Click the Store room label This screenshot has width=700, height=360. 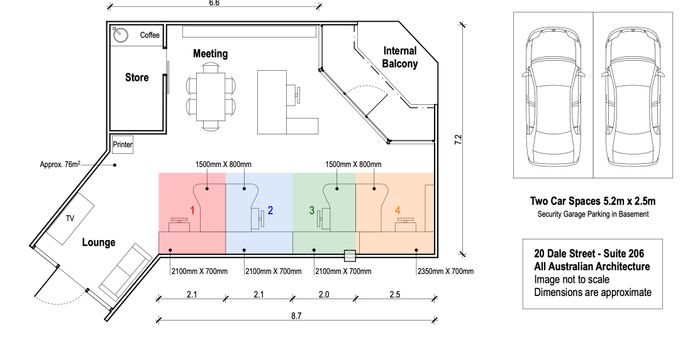pyautogui.click(x=137, y=77)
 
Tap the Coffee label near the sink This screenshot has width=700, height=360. pyautogui.click(x=150, y=35)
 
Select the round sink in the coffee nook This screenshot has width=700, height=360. pyautogui.click(x=120, y=34)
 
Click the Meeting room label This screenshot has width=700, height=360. pyautogui.click(x=210, y=54)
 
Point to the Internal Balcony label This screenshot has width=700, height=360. pyautogui.click(x=400, y=57)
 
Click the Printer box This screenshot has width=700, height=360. pyautogui.click(x=122, y=145)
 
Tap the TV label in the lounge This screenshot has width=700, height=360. pyautogui.click(x=70, y=218)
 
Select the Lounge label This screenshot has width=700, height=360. pyautogui.click(x=99, y=243)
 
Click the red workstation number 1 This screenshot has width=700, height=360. pyautogui.click(x=192, y=210)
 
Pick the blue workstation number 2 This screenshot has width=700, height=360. pyautogui.click(x=270, y=210)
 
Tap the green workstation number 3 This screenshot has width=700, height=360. pyautogui.click(x=312, y=210)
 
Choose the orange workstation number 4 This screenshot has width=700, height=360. pyautogui.click(x=398, y=210)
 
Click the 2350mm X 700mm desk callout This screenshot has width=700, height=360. pyautogui.click(x=446, y=271)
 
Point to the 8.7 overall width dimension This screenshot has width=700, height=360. pyautogui.click(x=296, y=316)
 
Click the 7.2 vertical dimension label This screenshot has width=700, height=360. pyautogui.click(x=458, y=139)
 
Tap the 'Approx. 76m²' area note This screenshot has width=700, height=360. pyautogui.click(x=60, y=164)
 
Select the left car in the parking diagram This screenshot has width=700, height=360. pyautogui.click(x=553, y=95)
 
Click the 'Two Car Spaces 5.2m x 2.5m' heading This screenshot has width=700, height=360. pyautogui.click(x=593, y=201)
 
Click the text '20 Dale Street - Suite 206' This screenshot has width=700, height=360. pyautogui.click(x=589, y=254)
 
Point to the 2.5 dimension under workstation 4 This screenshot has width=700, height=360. pyautogui.click(x=395, y=294)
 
